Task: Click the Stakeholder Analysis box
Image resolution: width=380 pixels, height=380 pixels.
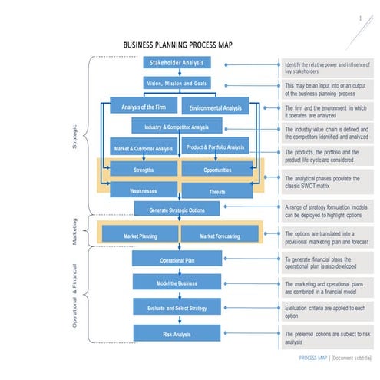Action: click(x=177, y=63)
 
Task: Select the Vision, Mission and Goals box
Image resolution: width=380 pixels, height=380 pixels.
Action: click(x=177, y=83)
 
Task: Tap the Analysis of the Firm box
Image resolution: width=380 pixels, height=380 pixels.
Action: click(x=144, y=107)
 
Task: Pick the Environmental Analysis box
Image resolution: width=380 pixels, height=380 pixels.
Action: click(x=215, y=108)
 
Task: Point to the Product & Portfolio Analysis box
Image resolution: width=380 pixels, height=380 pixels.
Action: click(x=215, y=147)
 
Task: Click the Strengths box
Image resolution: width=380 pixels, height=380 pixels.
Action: click(x=144, y=169)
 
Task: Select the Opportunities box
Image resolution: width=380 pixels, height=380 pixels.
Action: click(x=217, y=169)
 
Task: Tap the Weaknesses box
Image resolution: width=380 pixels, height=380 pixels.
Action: click(x=144, y=190)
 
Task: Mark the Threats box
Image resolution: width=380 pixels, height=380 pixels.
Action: click(x=217, y=190)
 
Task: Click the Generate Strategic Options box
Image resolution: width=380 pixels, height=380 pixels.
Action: click(x=177, y=210)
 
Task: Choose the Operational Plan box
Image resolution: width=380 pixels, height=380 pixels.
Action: click(x=177, y=260)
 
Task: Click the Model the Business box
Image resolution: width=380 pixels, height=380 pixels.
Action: click(x=177, y=283)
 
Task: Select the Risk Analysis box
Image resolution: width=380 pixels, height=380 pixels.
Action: click(x=177, y=334)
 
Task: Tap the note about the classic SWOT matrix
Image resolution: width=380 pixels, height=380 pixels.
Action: click(x=325, y=182)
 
